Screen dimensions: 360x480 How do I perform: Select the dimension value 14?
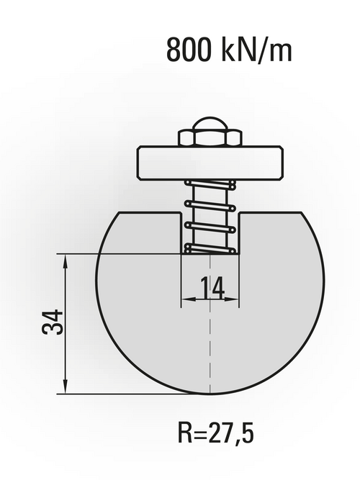tap(212, 287)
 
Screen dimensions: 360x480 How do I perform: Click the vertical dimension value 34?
tap(53, 322)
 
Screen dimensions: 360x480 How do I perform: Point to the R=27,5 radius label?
tap(216, 433)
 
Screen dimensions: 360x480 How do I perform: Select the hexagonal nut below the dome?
tap(210, 138)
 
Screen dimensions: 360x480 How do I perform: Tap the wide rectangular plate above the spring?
tap(210, 162)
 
